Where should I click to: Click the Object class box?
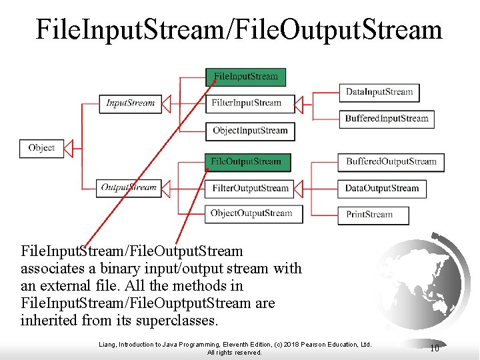pyautogui.click(x=41, y=148)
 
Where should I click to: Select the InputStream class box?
pyautogui.click(x=131, y=103)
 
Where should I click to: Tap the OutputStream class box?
pyautogui.click(x=129, y=188)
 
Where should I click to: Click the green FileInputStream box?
pyautogui.click(x=246, y=77)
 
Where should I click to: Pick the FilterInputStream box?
pyautogui.click(x=247, y=103)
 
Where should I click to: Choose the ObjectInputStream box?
pyautogui.click(x=251, y=131)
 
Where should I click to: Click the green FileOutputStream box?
pyautogui.click(x=247, y=161)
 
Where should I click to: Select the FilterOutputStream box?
pyautogui.click(x=251, y=189)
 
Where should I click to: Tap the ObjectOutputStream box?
pyautogui.click(x=252, y=214)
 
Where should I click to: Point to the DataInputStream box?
pyautogui.click(x=379, y=92)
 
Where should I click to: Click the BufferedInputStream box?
pyautogui.click(x=387, y=119)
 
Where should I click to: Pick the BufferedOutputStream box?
pyautogui.click(x=391, y=161)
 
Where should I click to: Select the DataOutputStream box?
pyautogui.click(x=381, y=189)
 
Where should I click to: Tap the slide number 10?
pyautogui.click(x=434, y=348)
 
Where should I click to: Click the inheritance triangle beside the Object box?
pyautogui.click(x=67, y=148)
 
